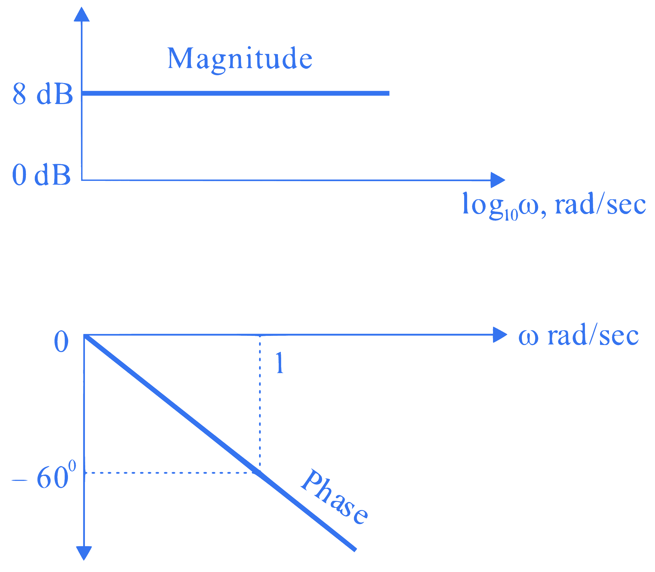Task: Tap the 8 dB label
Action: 43,94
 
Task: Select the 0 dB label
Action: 41,175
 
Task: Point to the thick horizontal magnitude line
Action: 236,93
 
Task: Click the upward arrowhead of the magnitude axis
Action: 81,14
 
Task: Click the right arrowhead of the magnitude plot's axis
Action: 498,180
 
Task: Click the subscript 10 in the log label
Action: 511,215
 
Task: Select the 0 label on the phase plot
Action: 61,341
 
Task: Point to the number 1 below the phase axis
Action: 280,363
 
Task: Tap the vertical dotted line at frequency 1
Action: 260,404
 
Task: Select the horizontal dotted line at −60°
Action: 172,473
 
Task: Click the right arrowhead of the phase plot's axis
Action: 500,335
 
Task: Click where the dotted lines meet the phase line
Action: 260,473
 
